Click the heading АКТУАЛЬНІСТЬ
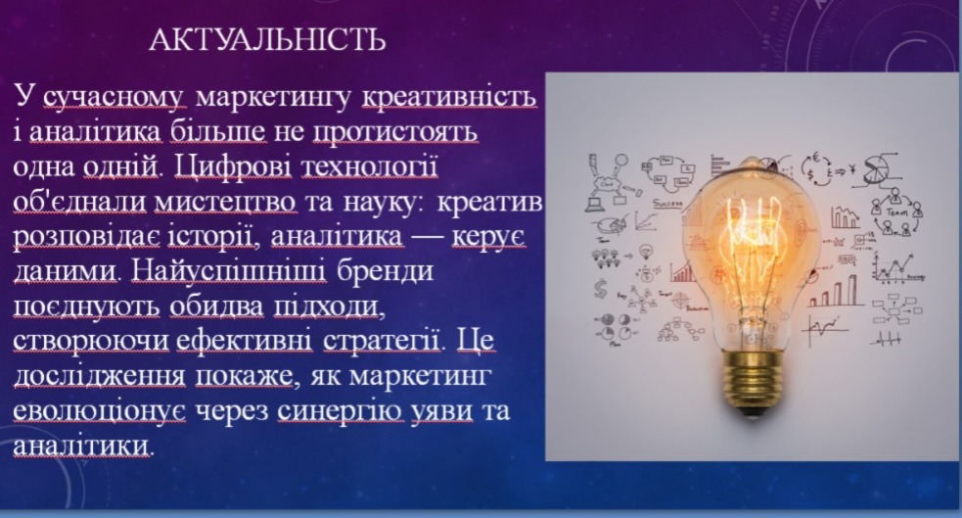267,39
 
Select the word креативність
449,97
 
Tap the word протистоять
395,131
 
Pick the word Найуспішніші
228,271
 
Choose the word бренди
385,270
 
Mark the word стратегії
381,341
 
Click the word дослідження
99,376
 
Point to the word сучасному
114,98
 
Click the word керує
489,236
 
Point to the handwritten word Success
666,203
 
